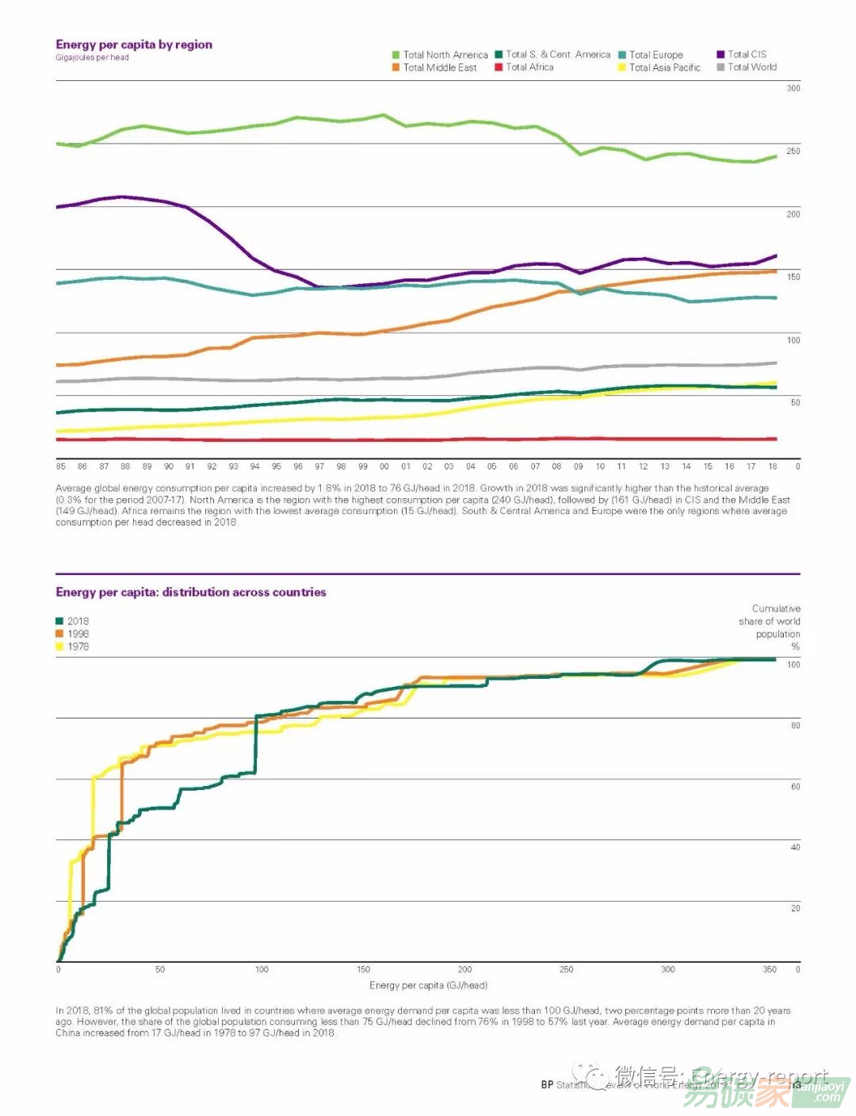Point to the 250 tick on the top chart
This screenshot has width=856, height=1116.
(793, 151)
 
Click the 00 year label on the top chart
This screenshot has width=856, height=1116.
(384, 466)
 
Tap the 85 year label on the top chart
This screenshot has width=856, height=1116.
(61, 466)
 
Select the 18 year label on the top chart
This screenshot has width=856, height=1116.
(773, 466)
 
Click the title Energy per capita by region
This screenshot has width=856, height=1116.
(134, 44)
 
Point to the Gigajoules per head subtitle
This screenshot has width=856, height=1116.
(92, 57)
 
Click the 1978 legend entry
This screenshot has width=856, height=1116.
(78, 646)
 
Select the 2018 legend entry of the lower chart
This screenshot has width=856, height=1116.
(78, 621)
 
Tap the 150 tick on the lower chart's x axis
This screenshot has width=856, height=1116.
(363, 969)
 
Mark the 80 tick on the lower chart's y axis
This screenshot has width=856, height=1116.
(795, 725)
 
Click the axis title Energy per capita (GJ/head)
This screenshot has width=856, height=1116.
(428, 985)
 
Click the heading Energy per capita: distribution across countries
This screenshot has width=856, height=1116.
(191, 592)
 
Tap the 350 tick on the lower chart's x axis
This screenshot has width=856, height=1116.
(770, 969)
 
